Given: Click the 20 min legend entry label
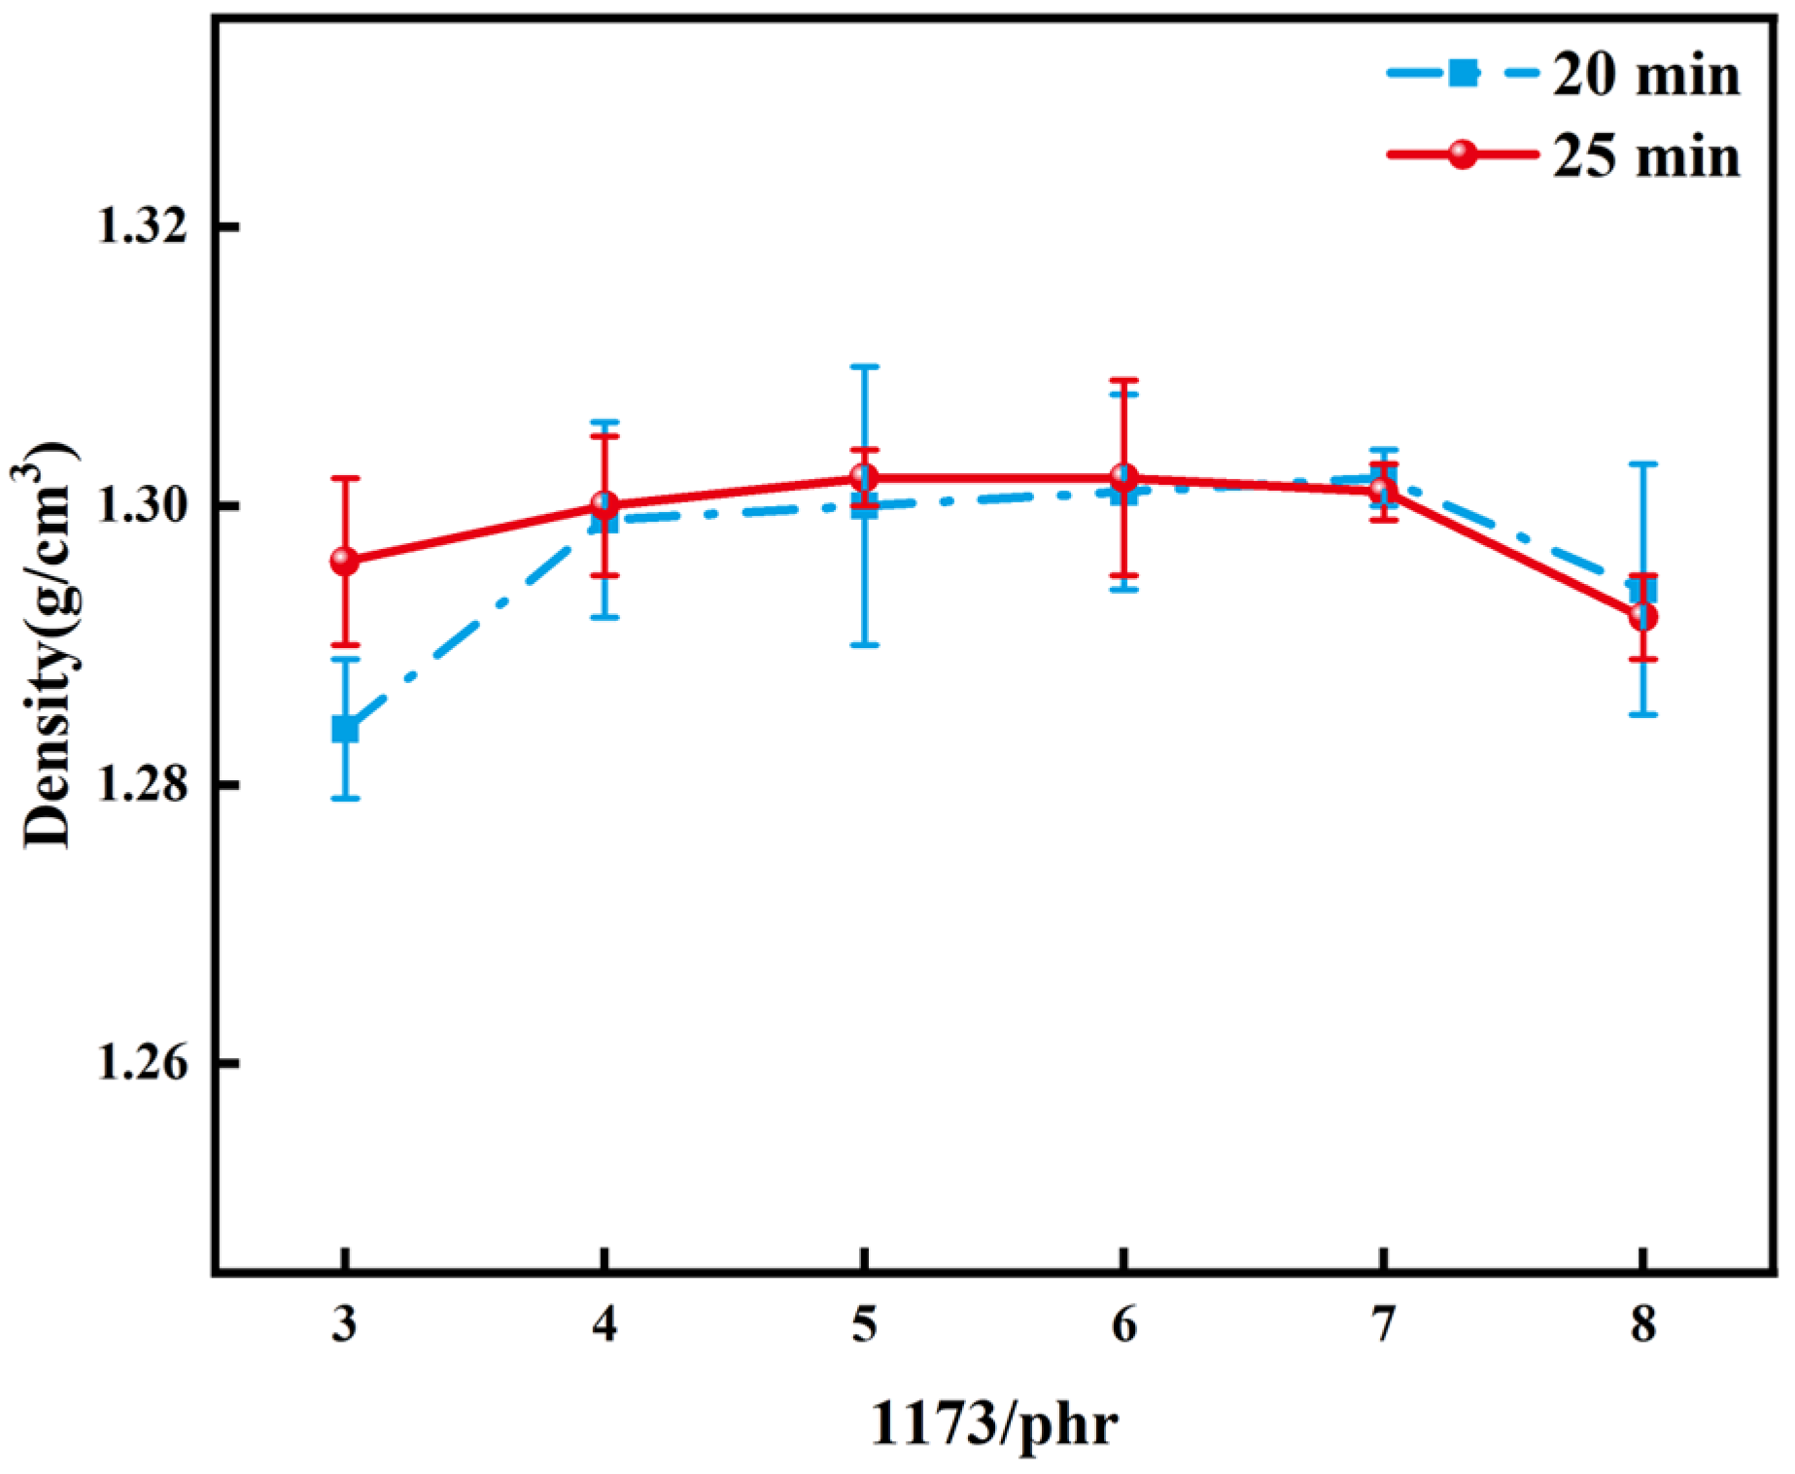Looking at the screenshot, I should coord(1645,75).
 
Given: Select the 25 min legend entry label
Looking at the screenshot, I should coord(1645,156).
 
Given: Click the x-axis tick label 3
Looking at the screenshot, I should coord(344,1323).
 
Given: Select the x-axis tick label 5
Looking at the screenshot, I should coord(864,1323).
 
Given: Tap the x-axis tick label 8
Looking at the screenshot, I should coord(1642,1323).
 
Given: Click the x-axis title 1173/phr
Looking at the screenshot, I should coord(993,1425).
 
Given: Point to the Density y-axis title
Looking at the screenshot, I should coord(47,645).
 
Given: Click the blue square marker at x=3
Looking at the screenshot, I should coord(345,729).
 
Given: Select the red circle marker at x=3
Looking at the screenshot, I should coord(345,561).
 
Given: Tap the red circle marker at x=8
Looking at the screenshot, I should coord(1642,617).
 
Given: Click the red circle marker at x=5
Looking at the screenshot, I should coord(864,477).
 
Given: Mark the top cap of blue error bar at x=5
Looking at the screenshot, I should coord(864,366).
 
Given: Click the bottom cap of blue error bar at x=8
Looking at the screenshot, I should coord(1642,715).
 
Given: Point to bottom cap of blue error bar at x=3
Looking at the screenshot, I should coord(345,799).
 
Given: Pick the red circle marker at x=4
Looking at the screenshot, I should coord(604,504).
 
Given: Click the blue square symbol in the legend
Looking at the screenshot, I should coord(1463,73).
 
